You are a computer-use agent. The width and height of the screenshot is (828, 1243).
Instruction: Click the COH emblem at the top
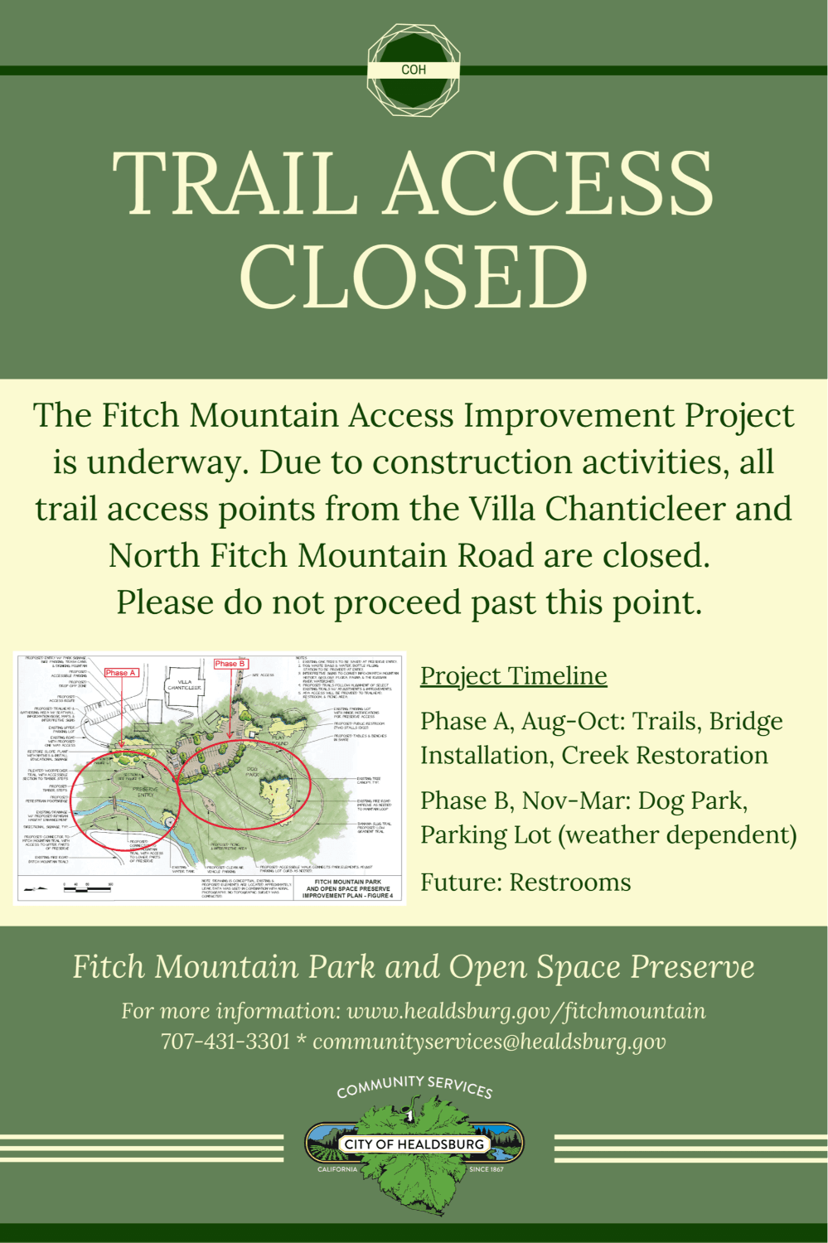click(x=414, y=70)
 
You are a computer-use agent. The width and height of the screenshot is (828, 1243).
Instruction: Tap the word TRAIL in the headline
click(x=235, y=184)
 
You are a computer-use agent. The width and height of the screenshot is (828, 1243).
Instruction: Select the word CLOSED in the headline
click(x=414, y=277)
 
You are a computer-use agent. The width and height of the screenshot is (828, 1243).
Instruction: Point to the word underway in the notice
click(x=167, y=462)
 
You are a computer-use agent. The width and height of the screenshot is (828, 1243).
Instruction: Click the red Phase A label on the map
click(x=120, y=673)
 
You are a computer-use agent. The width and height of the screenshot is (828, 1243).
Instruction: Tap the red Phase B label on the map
click(x=230, y=664)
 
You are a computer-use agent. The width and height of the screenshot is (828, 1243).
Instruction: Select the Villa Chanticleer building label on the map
click(x=184, y=685)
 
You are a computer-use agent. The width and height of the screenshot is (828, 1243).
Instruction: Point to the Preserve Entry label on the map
click(x=145, y=791)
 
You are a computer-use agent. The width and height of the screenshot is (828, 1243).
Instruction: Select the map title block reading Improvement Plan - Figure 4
click(x=348, y=889)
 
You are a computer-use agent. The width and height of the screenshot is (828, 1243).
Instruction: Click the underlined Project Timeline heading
click(x=513, y=676)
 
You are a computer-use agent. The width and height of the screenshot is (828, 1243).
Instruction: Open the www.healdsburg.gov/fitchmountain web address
click(x=525, y=1011)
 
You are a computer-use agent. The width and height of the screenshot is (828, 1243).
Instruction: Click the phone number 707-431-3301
click(x=225, y=1041)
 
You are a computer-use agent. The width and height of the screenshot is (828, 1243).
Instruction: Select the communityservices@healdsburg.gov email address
click(x=489, y=1041)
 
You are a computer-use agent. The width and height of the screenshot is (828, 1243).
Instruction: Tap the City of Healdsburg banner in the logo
click(x=414, y=1144)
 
